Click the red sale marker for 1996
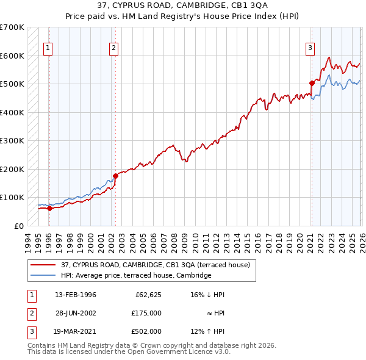[x=49, y=208]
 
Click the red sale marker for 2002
[x=115, y=176]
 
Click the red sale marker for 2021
[x=311, y=83]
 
